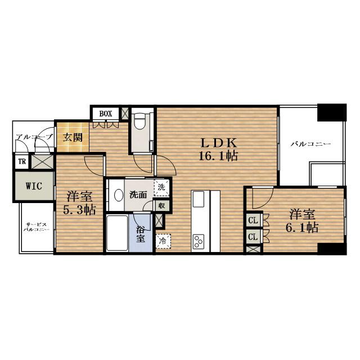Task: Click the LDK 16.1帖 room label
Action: [x=218, y=150]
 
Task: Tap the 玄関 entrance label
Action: [x=73, y=137]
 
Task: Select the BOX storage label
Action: [x=106, y=114]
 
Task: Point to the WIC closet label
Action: [x=34, y=186]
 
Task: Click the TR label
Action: [x=22, y=161]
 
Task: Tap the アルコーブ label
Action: [x=34, y=137]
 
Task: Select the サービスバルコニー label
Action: [x=36, y=227]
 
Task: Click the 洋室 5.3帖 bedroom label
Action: [x=79, y=202]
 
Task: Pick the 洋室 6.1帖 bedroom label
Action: [x=302, y=220]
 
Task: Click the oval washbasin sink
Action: [x=119, y=195]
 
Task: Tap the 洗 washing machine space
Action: [x=161, y=187]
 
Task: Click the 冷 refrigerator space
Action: [x=163, y=241]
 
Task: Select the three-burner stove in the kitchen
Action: [x=199, y=241]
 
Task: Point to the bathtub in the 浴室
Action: [x=118, y=233]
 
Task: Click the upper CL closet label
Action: [x=253, y=220]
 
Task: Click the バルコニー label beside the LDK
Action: [x=311, y=144]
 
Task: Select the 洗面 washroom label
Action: [x=138, y=195]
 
